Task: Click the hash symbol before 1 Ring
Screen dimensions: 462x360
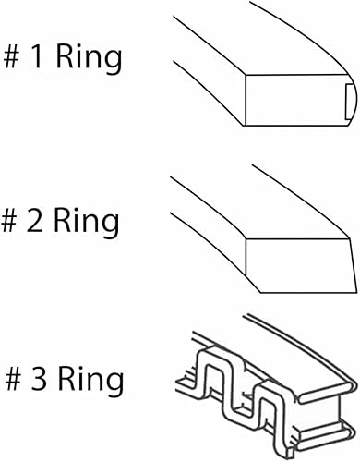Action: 16,59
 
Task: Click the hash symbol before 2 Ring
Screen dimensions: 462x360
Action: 16,223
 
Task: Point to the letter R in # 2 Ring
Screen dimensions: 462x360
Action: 72,223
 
